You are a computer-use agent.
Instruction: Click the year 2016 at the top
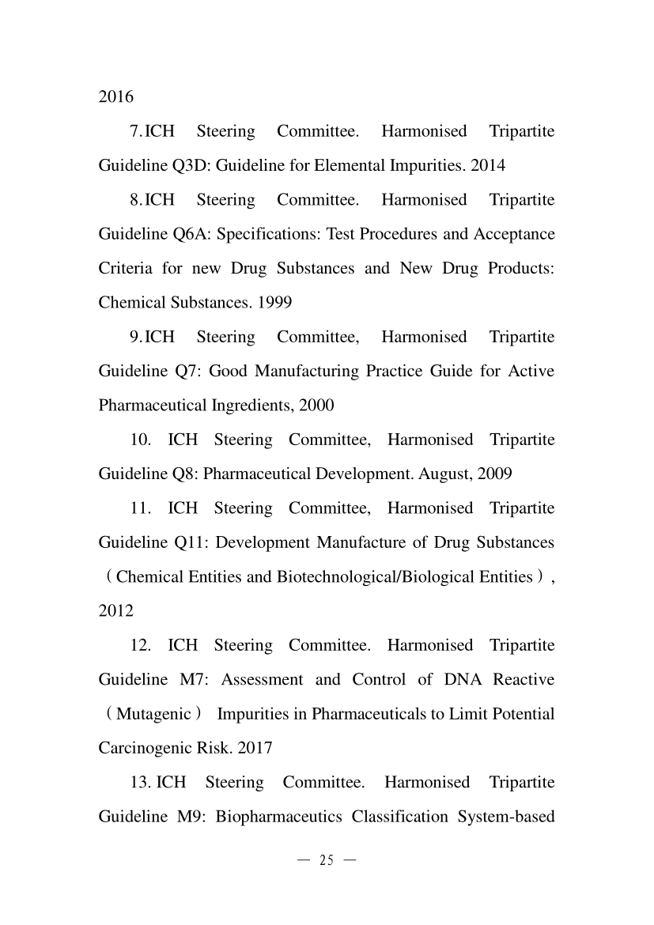[x=115, y=97]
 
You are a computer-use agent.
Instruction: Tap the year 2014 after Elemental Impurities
[x=488, y=166]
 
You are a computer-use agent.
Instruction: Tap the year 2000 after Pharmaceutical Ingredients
[x=316, y=406]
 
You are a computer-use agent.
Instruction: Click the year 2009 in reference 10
[x=495, y=474]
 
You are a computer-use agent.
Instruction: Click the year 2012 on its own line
[x=115, y=611]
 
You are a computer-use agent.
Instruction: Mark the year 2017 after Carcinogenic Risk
[x=255, y=749]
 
